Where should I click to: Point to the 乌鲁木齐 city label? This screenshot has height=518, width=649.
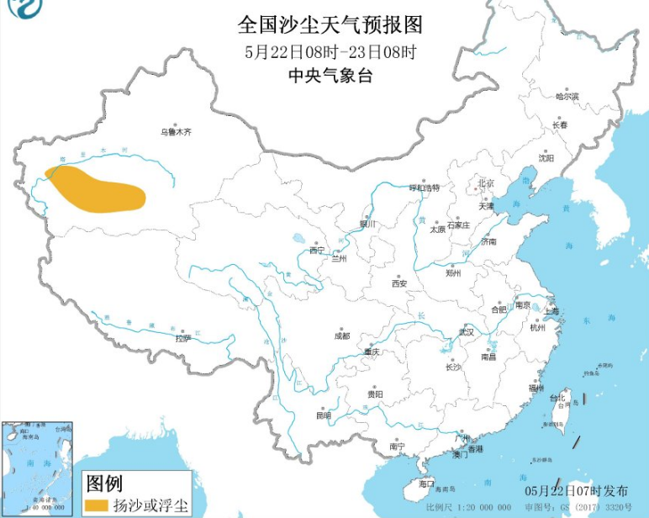177,132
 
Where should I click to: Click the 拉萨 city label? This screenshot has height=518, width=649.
183,339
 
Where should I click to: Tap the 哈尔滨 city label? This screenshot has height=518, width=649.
567,97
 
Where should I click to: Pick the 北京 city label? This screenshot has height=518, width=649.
486,182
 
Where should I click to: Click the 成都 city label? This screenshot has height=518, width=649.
341,335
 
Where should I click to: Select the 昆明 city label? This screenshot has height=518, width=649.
324,415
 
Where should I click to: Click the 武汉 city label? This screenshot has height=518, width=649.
466,332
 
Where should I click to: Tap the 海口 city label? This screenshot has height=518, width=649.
427,484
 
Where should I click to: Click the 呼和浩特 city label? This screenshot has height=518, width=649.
424,188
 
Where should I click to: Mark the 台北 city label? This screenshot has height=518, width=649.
557,398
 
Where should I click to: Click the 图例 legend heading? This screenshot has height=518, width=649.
105,483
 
